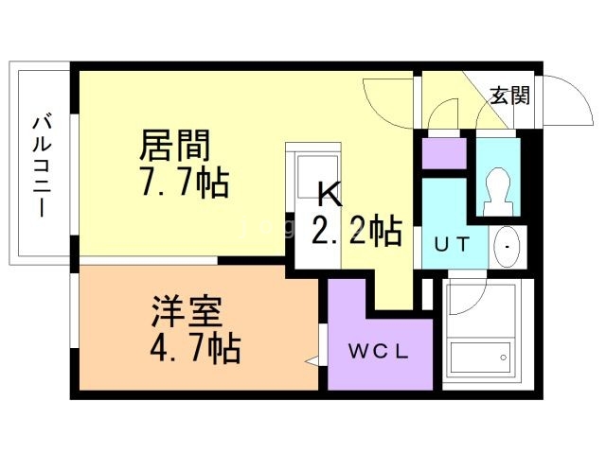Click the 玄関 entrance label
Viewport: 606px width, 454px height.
click(509, 95)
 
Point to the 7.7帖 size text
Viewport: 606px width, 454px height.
click(184, 182)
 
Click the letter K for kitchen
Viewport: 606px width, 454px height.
click(328, 195)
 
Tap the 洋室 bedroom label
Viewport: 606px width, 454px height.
click(187, 312)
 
